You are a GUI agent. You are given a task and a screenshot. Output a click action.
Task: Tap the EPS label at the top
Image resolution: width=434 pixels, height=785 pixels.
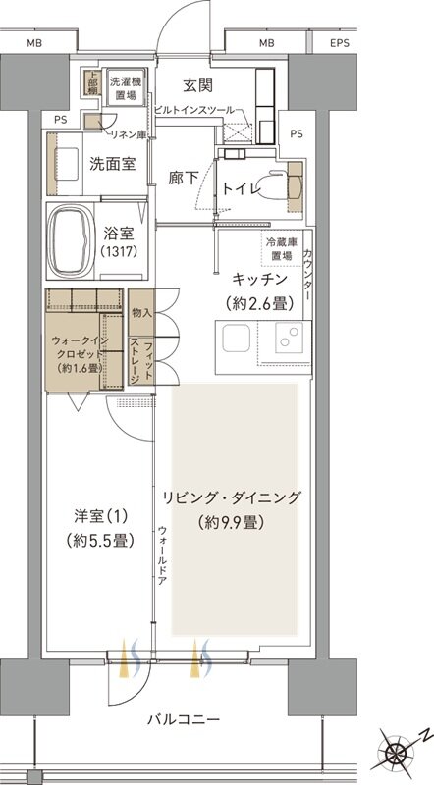340,43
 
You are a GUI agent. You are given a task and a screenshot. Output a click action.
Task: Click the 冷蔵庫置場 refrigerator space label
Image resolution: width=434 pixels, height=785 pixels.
282,248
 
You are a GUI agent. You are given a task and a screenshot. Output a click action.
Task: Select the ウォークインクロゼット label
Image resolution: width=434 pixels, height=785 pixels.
82,347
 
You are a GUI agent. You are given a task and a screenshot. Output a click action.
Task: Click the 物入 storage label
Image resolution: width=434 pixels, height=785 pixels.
141,313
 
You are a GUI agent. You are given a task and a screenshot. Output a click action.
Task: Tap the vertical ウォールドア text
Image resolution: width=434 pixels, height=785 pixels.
161,556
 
